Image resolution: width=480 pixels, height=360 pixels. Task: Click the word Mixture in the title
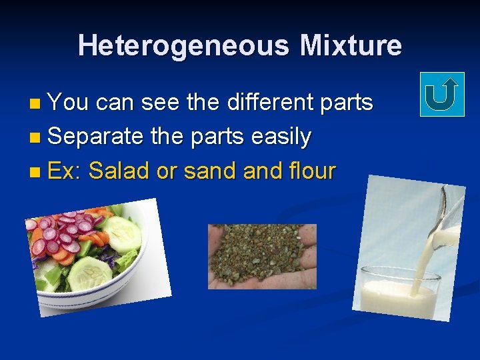[351, 46]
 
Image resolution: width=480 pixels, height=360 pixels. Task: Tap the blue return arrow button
[441, 95]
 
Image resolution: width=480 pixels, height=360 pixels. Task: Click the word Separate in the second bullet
[96, 137]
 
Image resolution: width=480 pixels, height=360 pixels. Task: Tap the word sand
[211, 171]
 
